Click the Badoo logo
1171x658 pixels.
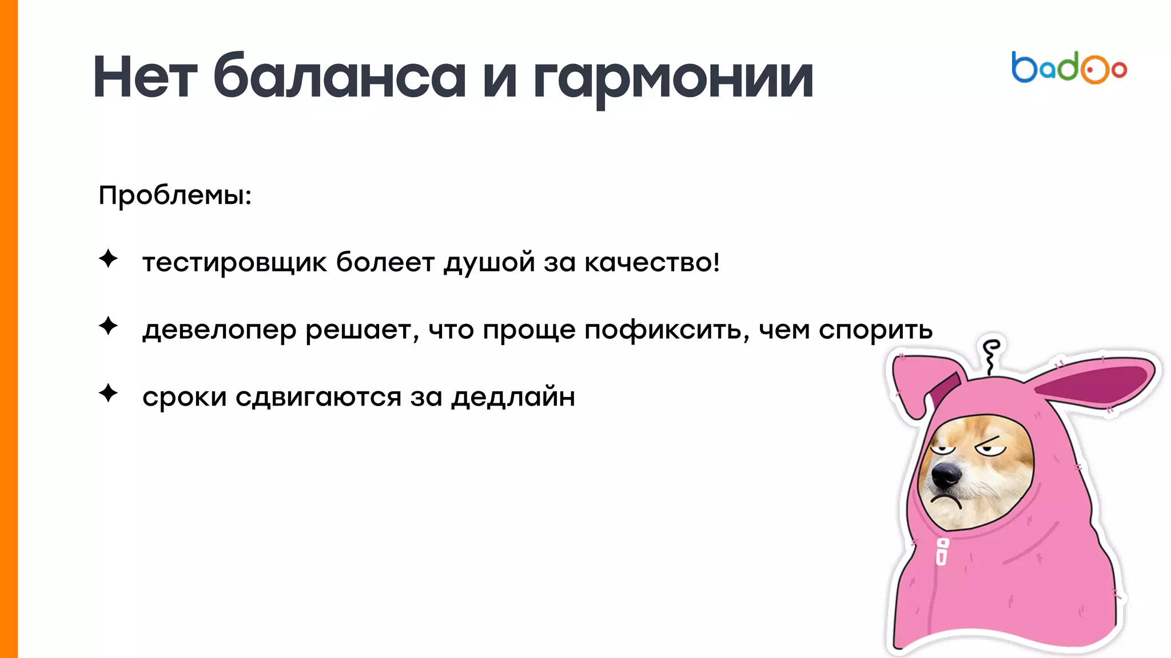pyautogui.click(x=1069, y=68)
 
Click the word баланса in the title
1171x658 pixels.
pyautogui.click(x=340, y=78)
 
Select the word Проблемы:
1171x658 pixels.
pyautogui.click(x=175, y=196)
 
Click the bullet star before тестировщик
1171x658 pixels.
pyautogui.click(x=108, y=259)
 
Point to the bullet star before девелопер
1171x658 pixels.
pyautogui.click(x=108, y=326)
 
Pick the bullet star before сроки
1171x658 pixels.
pyautogui.click(x=108, y=393)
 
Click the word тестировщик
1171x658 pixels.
pyautogui.click(x=234, y=263)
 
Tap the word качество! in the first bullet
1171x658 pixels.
pyautogui.click(x=652, y=263)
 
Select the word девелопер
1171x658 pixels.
pyautogui.click(x=220, y=331)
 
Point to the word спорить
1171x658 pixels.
pyautogui.click(x=875, y=331)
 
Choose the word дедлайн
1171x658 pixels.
pyautogui.click(x=513, y=398)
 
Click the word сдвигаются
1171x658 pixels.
pyautogui.click(x=318, y=398)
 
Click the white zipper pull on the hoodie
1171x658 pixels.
pyautogui.click(x=942, y=552)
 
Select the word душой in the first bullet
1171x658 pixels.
pyautogui.click(x=489, y=263)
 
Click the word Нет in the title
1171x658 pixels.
pyautogui.click(x=145, y=78)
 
